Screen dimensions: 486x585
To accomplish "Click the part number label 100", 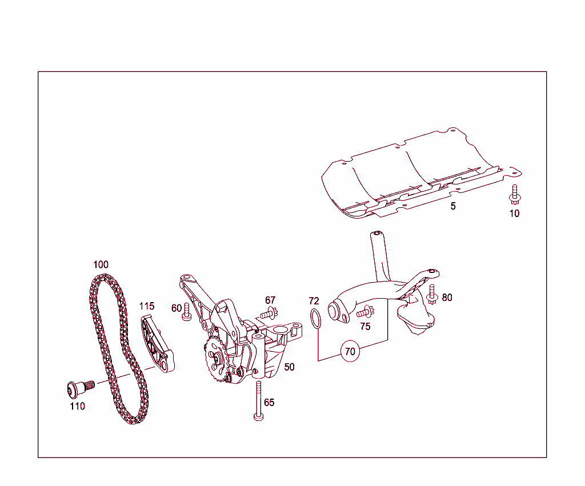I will pyautogui.click(x=101, y=265).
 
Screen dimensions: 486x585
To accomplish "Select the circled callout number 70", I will pyautogui.click(x=350, y=351).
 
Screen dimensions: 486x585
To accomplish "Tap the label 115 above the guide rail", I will pyautogui.click(x=147, y=306).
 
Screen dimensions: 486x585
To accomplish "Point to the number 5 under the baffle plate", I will pyautogui.click(x=453, y=206).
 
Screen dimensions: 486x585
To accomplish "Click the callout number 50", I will pyautogui.click(x=290, y=367).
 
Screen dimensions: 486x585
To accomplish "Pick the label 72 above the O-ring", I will pyautogui.click(x=314, y=301).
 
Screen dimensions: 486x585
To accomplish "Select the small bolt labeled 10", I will pyautogui.click(x=515, y=195).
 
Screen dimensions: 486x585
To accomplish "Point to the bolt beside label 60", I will pyautogui.click(x=186, y=312).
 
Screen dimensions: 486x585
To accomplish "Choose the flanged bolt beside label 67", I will pyautogui.click(x=269, y=313).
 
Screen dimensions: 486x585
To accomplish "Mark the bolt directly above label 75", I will pyautogui.click(x=364, y=312).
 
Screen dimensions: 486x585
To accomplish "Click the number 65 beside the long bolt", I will pyautogui.click(x=269, y=403).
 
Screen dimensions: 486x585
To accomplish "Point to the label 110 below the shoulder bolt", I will pyautogui.click(x=77, y=407).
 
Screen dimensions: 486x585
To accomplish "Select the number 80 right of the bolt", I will pyautogui.click(x=447, y=298).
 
